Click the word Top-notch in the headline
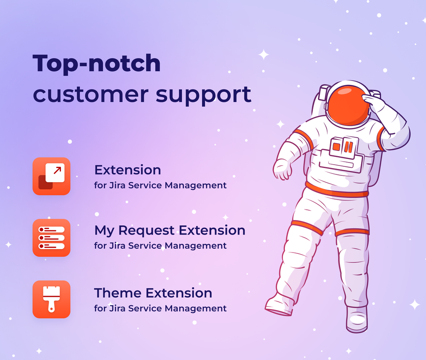(96, 64)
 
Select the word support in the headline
(203, 96)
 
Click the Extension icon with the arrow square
(51, 176)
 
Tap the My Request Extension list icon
(51, 238)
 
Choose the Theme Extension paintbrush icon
(51, 299)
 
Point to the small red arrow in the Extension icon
(57, 170)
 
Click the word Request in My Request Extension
(146, 231)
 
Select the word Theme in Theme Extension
(118, 293)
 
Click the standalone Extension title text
(128, 170)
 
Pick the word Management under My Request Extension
(196, 246)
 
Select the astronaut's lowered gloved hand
(283, 169)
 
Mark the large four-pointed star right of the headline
(264, 55)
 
